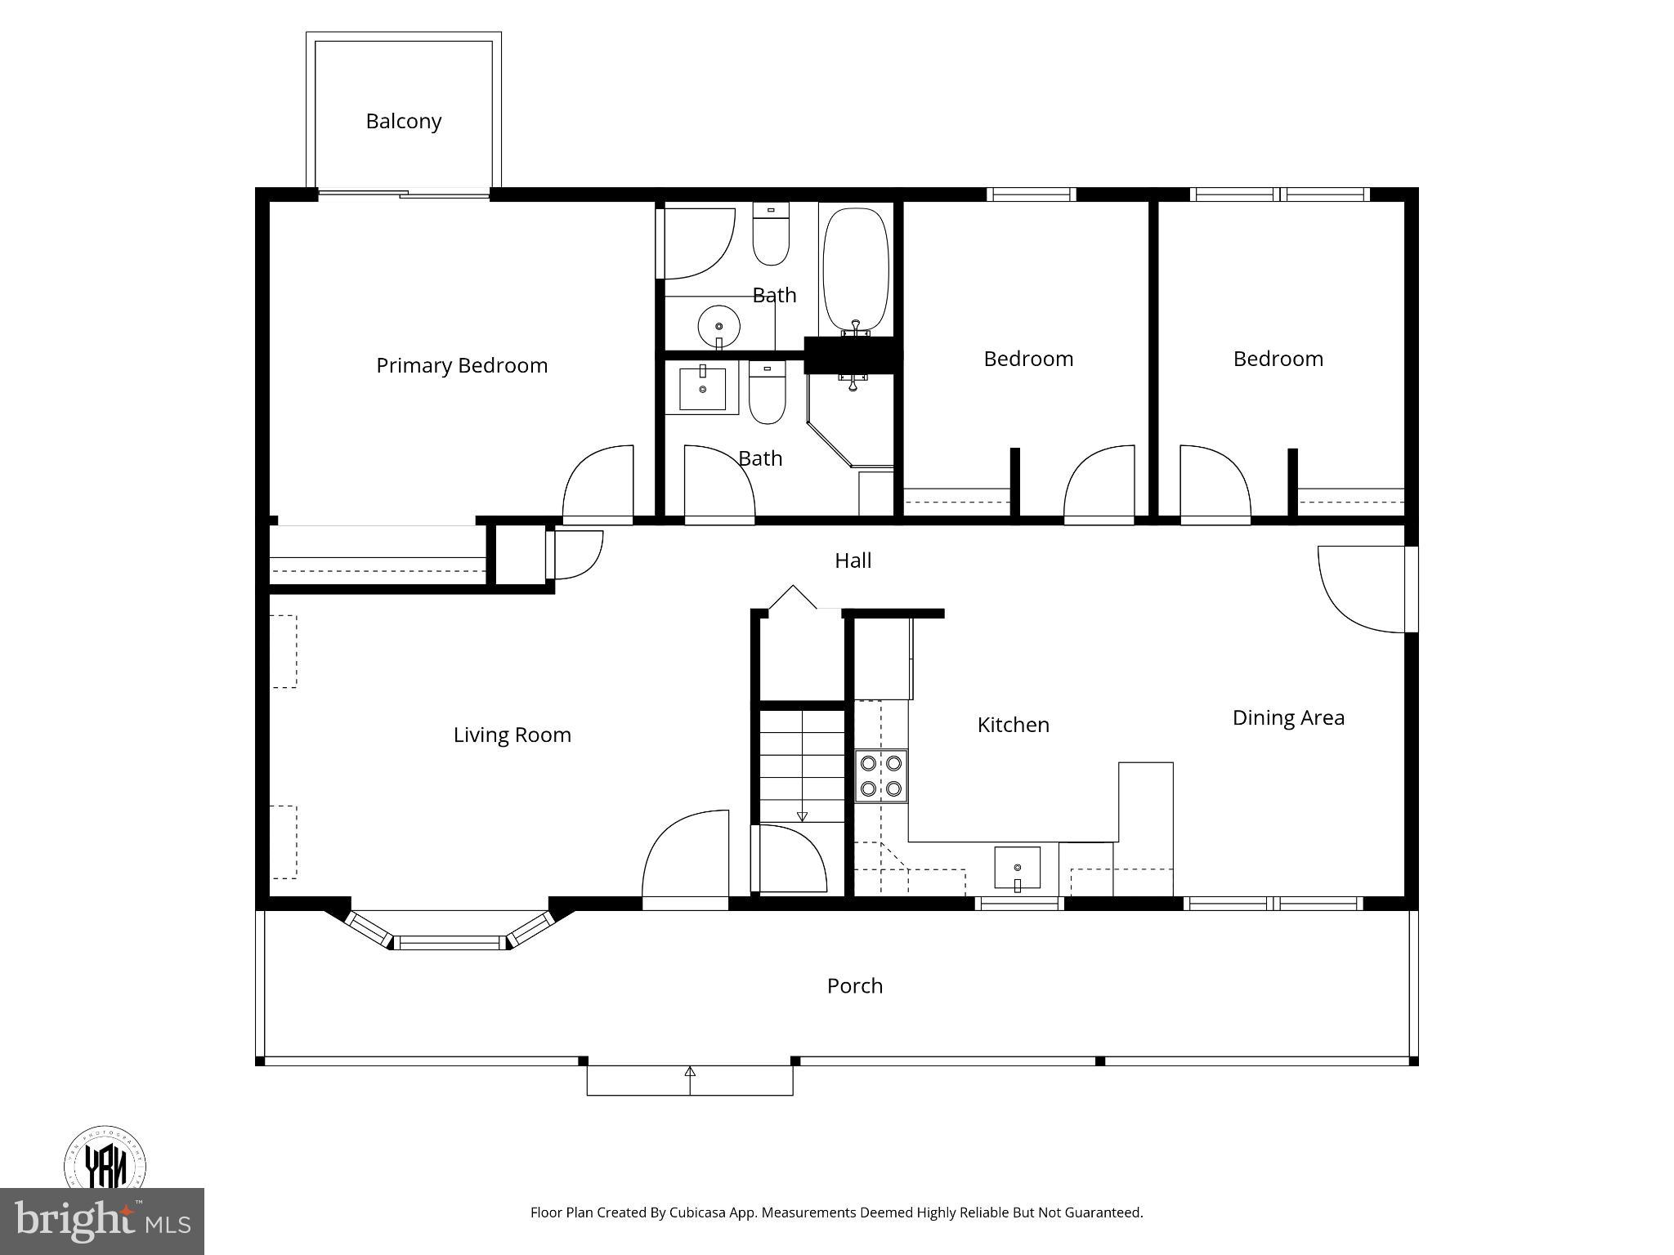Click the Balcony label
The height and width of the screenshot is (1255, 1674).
tap(403, 121)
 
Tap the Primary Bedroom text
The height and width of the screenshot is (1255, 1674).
tap(461, 365)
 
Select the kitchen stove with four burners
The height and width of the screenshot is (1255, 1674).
tap(881, 776)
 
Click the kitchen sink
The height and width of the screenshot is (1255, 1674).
tap(1017, 868)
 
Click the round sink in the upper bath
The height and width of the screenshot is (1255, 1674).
tap(718, 326)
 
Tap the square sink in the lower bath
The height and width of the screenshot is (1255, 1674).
tap(702, 390)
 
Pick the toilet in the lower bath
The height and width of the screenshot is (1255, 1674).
tap(767, 395)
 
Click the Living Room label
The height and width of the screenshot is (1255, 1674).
tap(512, 735)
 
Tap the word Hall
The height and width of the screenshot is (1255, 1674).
tap(853, 561)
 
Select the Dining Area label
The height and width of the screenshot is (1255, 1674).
tap(1287, 717)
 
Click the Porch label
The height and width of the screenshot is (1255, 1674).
tap(854, 985)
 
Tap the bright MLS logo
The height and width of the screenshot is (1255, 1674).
tap(101, 1221)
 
